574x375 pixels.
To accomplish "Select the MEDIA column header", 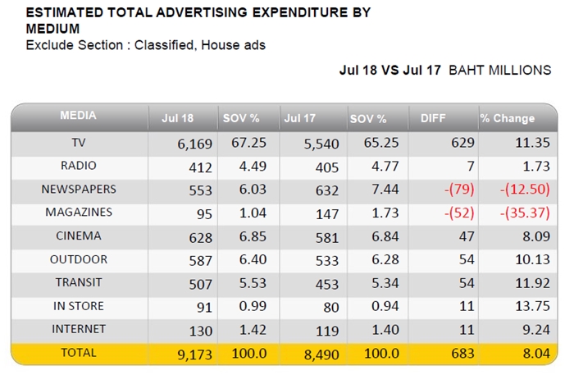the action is pyautogui.click(x=78, y=116).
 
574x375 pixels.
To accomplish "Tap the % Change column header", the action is pyautogui.click(x=508, y=118).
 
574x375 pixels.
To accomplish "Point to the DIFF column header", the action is pyautogui.click(x=433, y=118).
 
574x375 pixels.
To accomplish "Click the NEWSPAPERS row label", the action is pyautogui.click(x=79, y=189).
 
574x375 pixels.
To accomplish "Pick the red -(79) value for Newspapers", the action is pyautogui.click(x=459, y=190).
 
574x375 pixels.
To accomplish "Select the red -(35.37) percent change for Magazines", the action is pyautogui.click(x=525, y=213).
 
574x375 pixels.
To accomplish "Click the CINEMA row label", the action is pyautogui.click(x=79, y=236).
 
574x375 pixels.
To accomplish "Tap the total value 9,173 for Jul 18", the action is pyautogui.click(x=195, y=354).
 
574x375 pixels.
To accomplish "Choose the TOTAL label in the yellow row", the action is pyautogui.click(x=79, y=352).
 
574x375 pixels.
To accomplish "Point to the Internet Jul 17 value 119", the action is pyautogui.click(x=327, y=331).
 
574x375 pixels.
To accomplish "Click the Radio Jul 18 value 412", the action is pyautogui.click(x=200, y=167).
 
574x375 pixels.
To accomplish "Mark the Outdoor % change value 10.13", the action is pyautogui.click(x=533, y=259).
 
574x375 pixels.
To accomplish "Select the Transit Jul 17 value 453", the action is pyautogui.click(x=327, y=284).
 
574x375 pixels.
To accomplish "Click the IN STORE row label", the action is pyautogui.click(x=79, y=306).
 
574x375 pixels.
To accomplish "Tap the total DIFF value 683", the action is pyautogui.click(x=463, y=354).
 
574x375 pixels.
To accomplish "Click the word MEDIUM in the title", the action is pyautogui.click(x=52, y=29).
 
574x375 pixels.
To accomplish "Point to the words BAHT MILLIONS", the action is pyautogui.click(x=499, y=70).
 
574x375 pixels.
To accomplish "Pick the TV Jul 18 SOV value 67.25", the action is pyautogui.click(x=248, y=143).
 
